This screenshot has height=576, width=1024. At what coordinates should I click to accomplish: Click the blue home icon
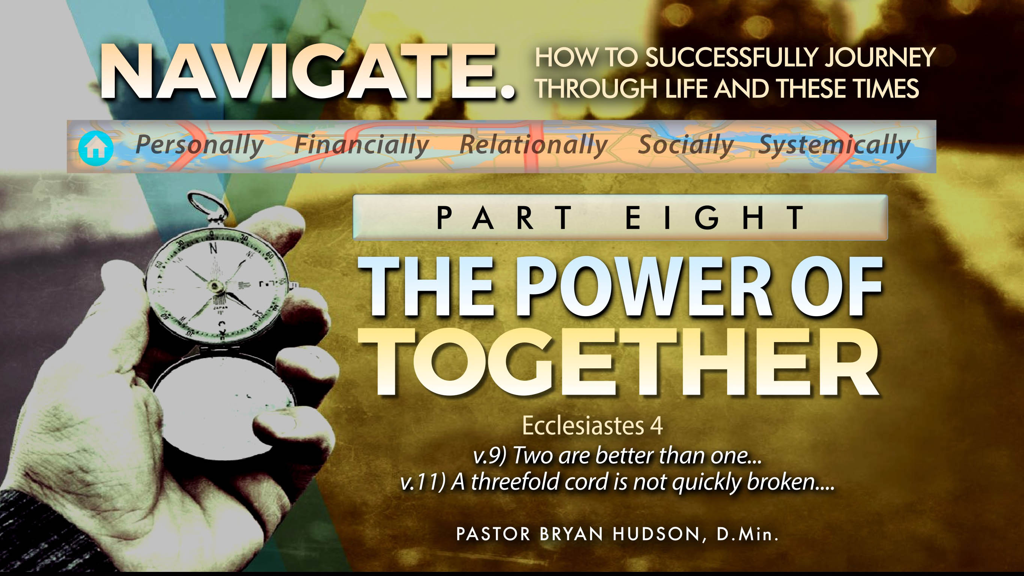point(96,148)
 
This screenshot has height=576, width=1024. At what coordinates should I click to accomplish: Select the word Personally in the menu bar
point(200,145)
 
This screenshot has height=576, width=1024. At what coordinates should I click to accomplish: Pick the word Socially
point(686,145)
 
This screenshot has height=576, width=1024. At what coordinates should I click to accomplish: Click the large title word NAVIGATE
point(308,72)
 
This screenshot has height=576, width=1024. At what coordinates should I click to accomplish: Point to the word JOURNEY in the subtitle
point(880,58)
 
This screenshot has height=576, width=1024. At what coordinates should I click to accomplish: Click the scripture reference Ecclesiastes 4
point(592,426)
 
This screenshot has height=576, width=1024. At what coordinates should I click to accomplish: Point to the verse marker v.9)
point(490,456)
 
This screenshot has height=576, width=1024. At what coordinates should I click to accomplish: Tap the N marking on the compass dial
point(214,249)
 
